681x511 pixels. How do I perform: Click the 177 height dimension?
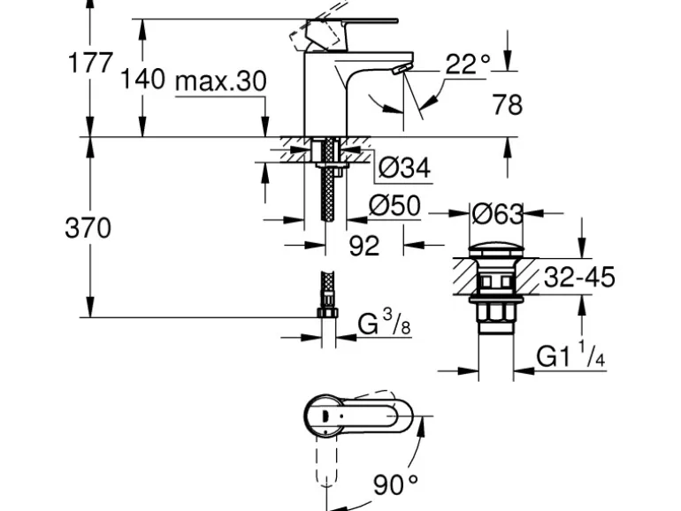pyautogui.click(x=90, y=63)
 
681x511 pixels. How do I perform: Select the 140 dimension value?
pyautogui.click(x=142, y=79)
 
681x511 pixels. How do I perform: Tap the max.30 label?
pyautogui.click(x=220, y=81)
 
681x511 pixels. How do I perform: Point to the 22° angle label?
pyautogui.click(x=468, y=65)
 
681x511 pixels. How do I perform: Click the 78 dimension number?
pyautogui.click(x=507, y=105)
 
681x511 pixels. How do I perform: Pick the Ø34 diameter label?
pyautogui.click(x=404, y=168)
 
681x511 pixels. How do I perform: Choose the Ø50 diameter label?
pyautogui.click(x=394, y=205)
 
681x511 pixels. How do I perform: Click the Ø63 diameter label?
pyautogui.click(x=498, y=214)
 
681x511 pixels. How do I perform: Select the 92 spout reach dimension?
pyautogui.click(x=364, y=246)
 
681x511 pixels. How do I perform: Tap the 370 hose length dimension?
pyautogui.click(x=88, y=228)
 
